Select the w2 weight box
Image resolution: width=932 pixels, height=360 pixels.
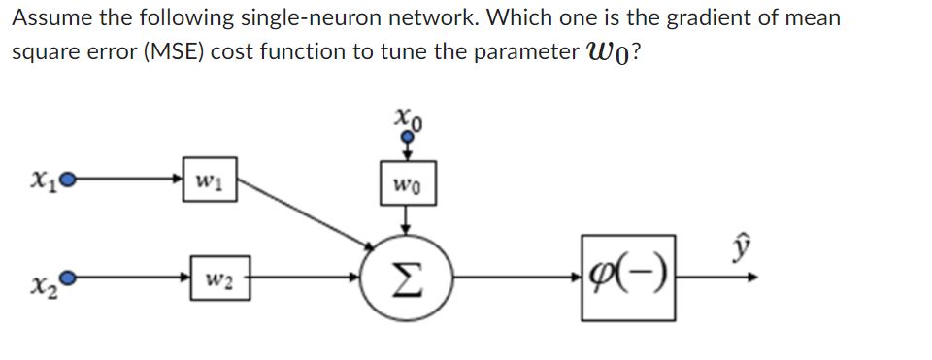tap(220, 278)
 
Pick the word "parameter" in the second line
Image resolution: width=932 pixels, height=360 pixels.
tap(527, 52)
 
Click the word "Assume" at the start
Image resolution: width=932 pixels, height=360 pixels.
tap(47, 17)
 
